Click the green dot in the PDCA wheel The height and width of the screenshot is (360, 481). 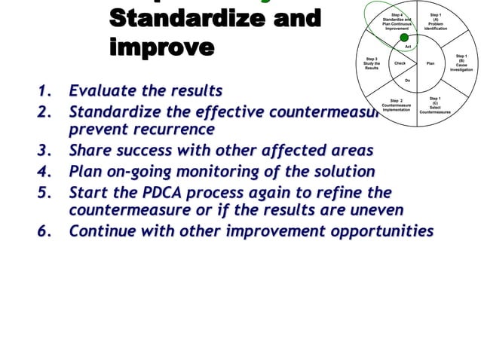pos(404,37)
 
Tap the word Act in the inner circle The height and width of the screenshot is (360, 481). pos(407,47)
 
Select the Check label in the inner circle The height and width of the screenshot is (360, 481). pos(400,63)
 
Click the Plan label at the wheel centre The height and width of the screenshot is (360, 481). pos(430,63)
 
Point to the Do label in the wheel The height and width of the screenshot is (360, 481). pos(407,80)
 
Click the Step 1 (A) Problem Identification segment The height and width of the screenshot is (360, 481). pos(435,22)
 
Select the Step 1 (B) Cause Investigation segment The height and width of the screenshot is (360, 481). pos(461,62)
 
